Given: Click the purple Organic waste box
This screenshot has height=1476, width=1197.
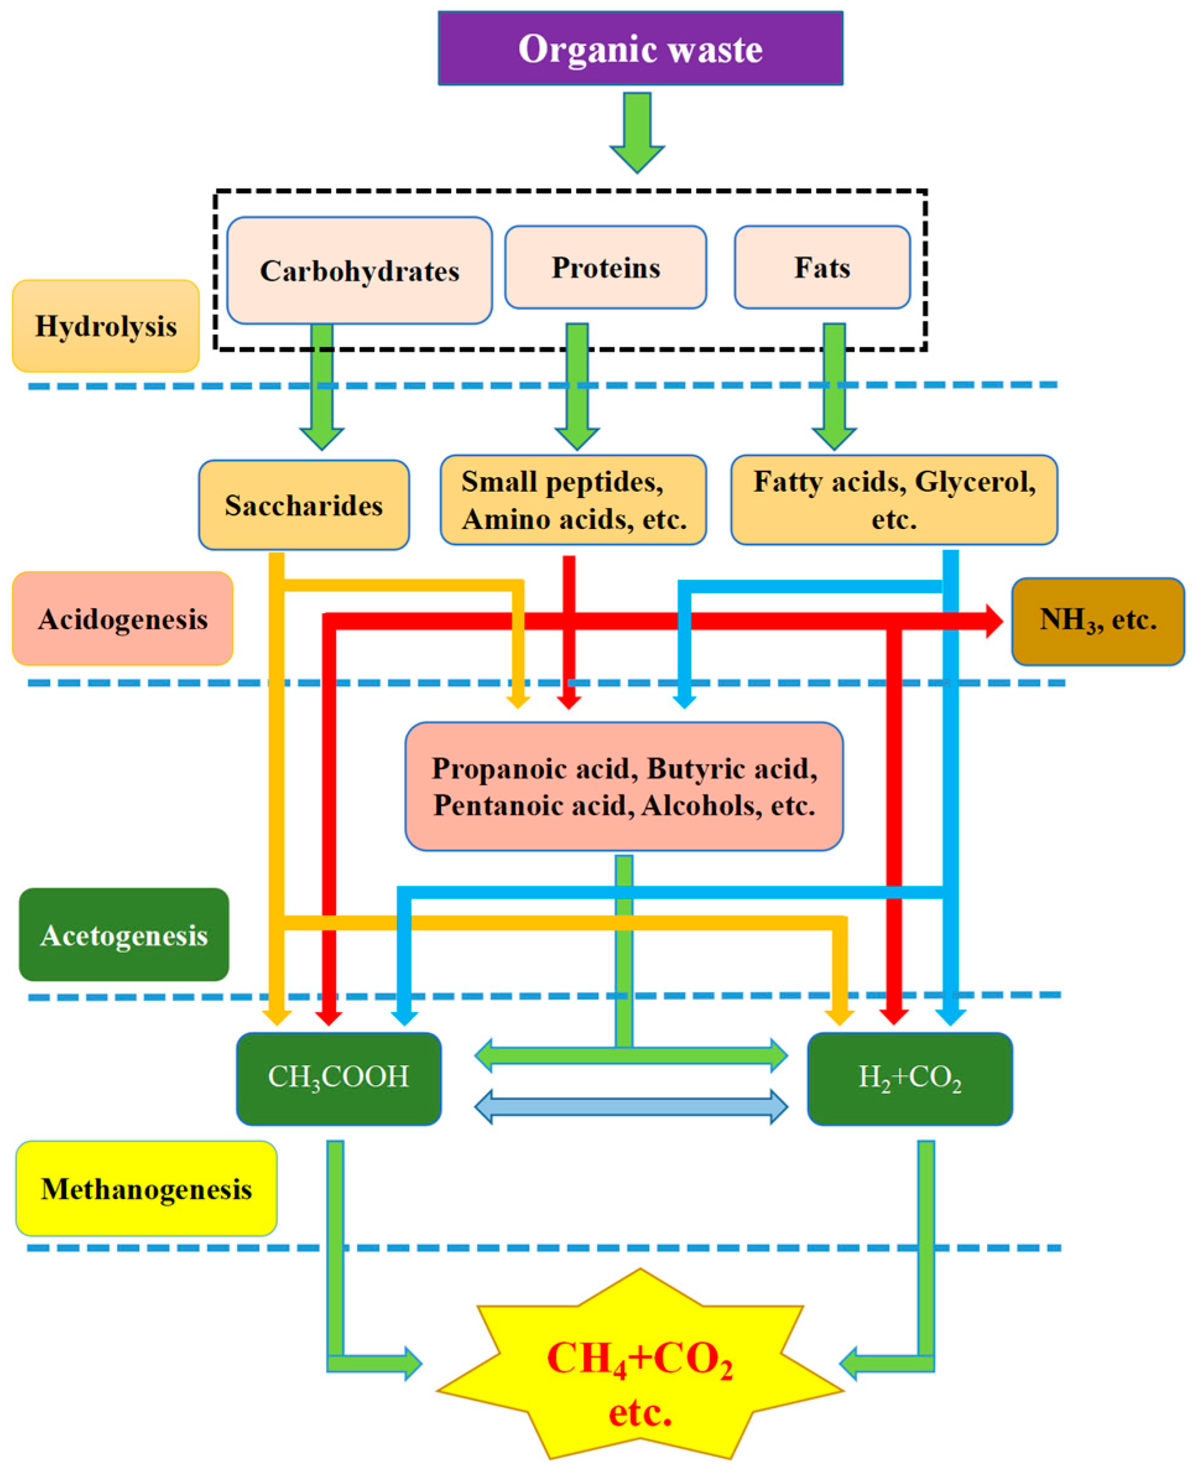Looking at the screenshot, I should point(640,48).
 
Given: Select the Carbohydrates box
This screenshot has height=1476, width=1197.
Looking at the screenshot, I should point(359,270).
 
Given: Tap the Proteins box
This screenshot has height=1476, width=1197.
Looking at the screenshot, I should point(606,267).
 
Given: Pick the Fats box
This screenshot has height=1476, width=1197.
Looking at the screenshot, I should point(822,267).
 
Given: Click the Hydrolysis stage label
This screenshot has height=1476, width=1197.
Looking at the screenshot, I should point(106,326).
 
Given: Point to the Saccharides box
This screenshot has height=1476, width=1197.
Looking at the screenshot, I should point(303,505).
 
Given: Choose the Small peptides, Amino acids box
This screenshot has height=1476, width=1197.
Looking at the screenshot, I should point(573,500).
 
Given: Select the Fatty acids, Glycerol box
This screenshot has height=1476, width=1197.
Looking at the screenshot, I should point(894,500).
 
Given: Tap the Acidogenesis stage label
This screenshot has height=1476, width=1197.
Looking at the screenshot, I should point(122,619).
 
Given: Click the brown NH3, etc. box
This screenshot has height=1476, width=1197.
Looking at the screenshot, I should point(1097,621).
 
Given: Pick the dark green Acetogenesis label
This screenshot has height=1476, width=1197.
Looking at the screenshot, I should point(124,935).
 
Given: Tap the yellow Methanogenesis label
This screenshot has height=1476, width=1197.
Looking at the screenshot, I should point(146,1188).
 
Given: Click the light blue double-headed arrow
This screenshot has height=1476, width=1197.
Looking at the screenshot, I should point(631,1107).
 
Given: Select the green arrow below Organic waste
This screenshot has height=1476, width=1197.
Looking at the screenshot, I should point(637,131).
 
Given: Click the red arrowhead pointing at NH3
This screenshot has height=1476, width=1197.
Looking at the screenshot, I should point(993,621).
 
